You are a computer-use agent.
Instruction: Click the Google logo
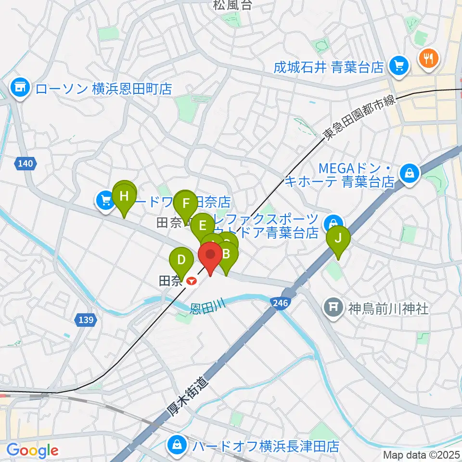[x=32, y=450]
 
